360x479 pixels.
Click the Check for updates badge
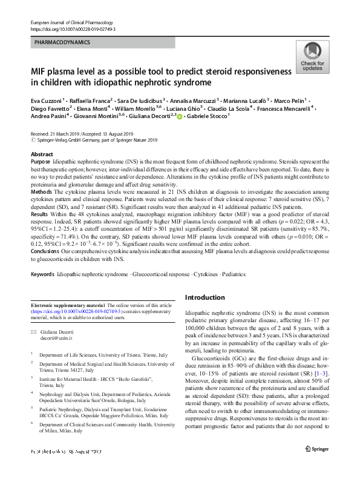point(312,59)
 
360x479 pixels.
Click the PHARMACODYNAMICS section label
point(62,43)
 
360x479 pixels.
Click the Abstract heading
point(41,155)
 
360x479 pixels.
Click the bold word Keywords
point(42,274)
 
